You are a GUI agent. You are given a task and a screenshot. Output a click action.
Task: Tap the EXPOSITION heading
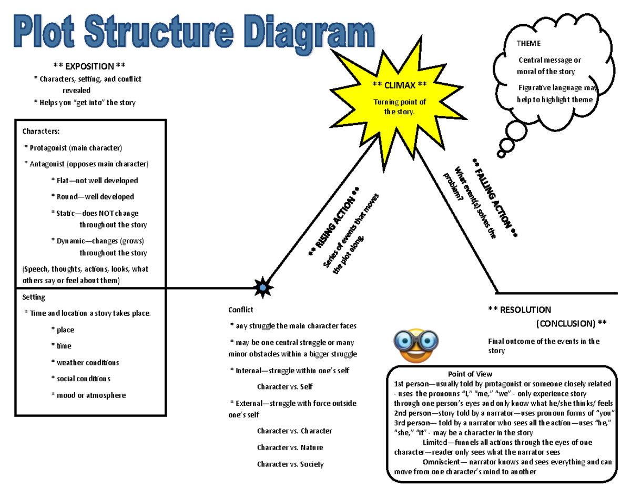click(89, 66)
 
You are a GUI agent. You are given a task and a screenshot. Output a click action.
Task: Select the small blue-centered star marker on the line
click(262, 287)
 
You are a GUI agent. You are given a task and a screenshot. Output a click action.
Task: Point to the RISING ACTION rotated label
click(334, 223)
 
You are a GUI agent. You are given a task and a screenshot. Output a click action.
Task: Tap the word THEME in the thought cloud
click(528, 44)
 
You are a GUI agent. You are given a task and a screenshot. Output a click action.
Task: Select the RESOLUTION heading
click(520, 310)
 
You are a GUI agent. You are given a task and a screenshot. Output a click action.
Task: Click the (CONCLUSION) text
click(571, 323)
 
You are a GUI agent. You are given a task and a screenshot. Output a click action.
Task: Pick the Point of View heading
click(470, 374)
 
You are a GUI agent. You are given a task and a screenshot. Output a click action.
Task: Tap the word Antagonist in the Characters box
click(50, 164)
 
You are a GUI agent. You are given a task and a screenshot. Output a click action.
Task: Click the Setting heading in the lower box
click(34, 297)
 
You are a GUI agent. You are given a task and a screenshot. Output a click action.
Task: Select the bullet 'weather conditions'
click(88, 363)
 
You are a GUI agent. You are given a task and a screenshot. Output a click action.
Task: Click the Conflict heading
click(240, 310)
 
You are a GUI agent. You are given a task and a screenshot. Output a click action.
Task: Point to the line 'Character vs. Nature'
click(290, 448)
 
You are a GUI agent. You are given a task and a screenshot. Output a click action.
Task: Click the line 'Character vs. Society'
click(290, 464)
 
